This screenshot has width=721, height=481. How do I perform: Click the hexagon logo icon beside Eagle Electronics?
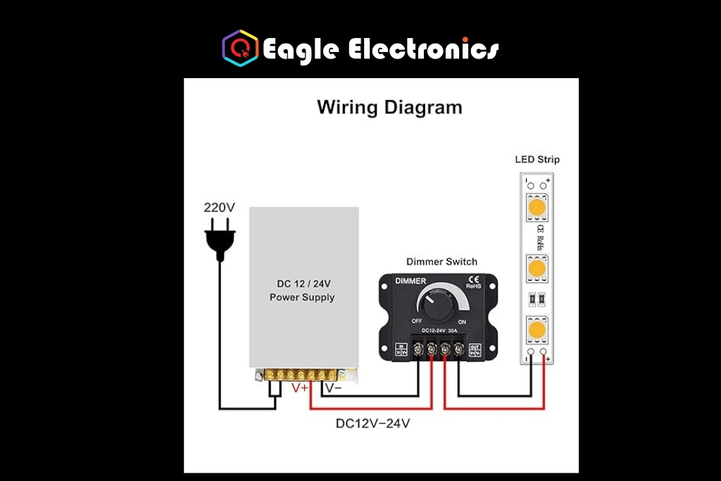pyautogui.click(x=240, y=48)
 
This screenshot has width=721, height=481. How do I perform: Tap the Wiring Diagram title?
pyautogui.click(x=389, y=108)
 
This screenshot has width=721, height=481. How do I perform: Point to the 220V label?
pyautogui.click(x=219, y=208)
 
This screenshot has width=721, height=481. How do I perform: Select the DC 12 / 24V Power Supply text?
pyautogui.click(x=302, y=290)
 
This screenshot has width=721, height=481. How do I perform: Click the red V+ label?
pyautogui.click(x=300, y=387)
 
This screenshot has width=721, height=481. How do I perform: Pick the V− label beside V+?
pyautogui.click(x=333, y=387)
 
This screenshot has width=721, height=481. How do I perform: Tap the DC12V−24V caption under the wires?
pyautogui.click(x=372, y=424)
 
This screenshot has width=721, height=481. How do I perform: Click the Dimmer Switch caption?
pyautogui.click(x=441, y=261)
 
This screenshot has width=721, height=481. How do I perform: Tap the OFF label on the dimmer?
pyautogui.click(x=417, y=321)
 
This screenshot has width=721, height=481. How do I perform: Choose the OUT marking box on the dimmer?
pyautogui.click(x=475, y=349)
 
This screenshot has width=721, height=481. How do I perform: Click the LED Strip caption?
pyautogui.click(x=537, y=159)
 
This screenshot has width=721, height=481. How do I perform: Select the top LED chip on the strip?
pyautogui.click(x=537, y=208)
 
